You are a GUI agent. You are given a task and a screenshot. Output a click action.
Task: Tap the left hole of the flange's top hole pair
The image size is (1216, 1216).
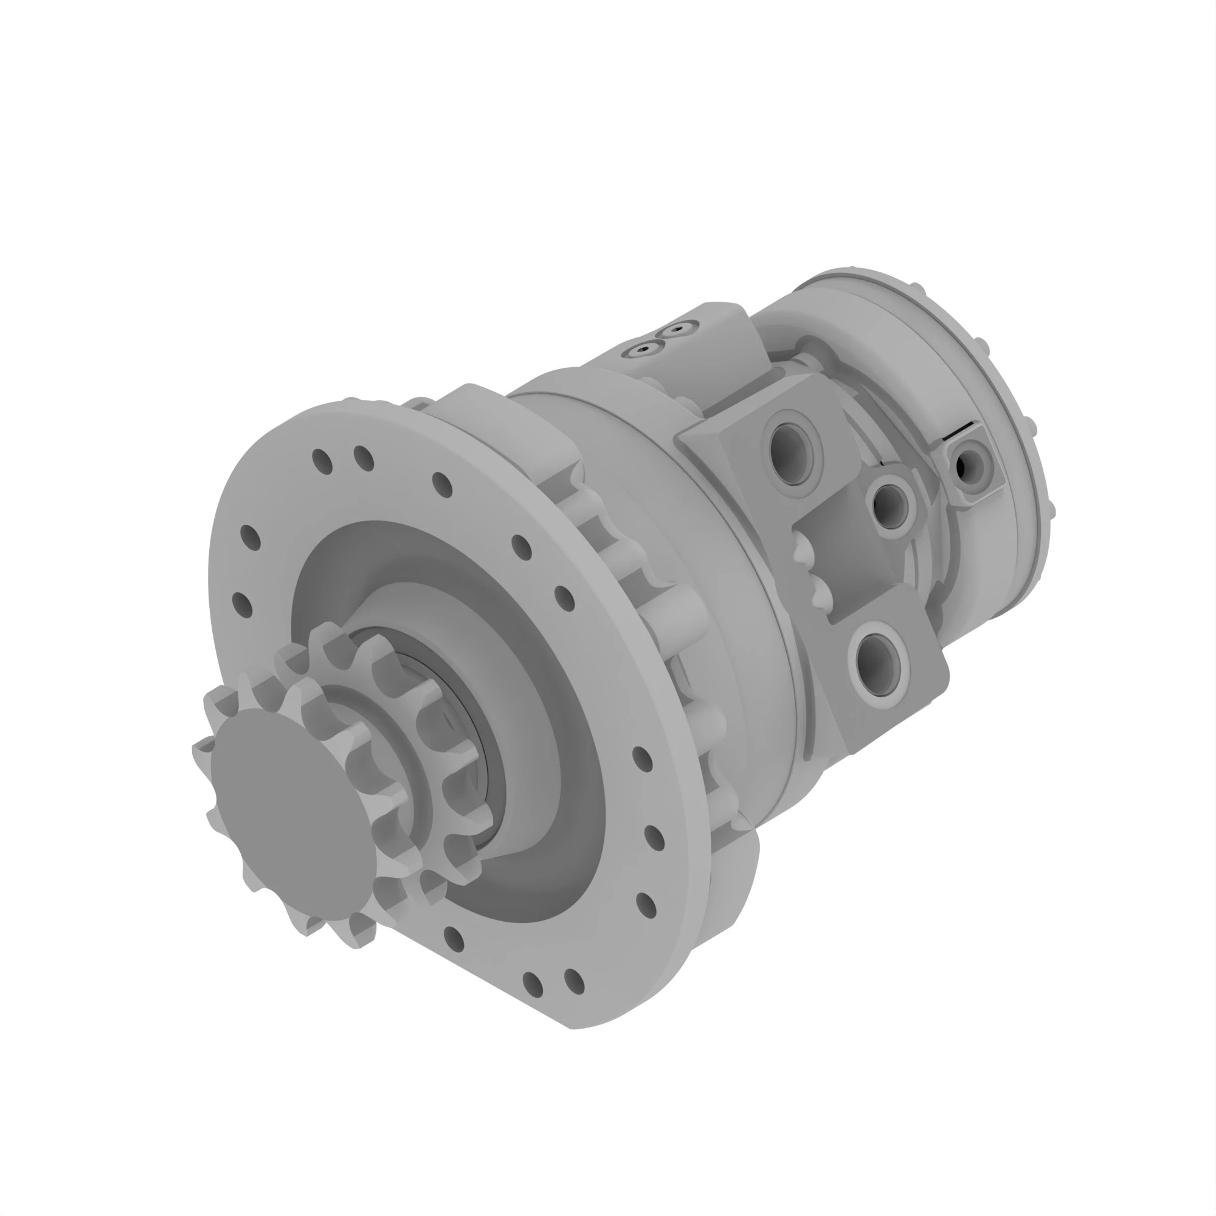[322, 461]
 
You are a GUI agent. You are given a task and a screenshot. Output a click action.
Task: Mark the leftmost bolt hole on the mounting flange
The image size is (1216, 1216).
[243, 605]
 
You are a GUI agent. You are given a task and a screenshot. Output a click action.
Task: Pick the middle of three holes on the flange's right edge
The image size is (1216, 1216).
[655, 838]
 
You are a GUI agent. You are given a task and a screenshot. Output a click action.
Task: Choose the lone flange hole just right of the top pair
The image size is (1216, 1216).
[443, 485]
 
